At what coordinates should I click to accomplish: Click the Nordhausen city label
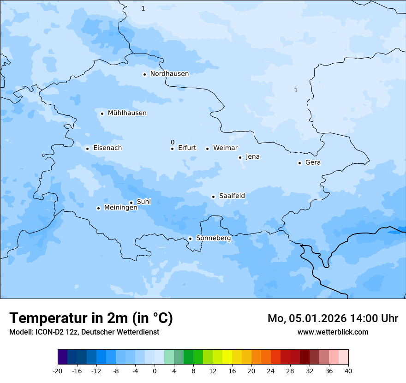tap(169, 74)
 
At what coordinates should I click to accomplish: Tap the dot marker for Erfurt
tap(172, 149)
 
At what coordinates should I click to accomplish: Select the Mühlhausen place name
tap(127, 113)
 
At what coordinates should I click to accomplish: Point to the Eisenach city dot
tap(87, 149)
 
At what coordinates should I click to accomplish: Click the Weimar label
tap(225, 148)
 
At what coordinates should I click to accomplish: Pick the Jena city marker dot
tap(240, 157)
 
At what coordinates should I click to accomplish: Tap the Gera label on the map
tap(313, 162)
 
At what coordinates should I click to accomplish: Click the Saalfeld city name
tap(232, 196)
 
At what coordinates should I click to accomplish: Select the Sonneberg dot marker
tap(190, 239)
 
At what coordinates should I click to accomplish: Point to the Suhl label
tap(144, 202)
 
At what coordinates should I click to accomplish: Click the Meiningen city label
tap(120, 208)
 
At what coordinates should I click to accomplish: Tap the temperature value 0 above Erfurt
tap(173, 142)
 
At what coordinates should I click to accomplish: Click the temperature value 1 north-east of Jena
tap(296, 90)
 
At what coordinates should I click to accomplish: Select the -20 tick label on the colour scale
tap(58, 371)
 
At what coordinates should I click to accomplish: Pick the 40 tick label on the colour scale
tap(348, 371)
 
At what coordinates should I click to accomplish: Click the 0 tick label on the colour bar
tap(155, 371)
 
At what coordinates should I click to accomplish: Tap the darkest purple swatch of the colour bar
tap(62, 357)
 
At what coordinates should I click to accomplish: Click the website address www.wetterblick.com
tap(333, 332)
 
